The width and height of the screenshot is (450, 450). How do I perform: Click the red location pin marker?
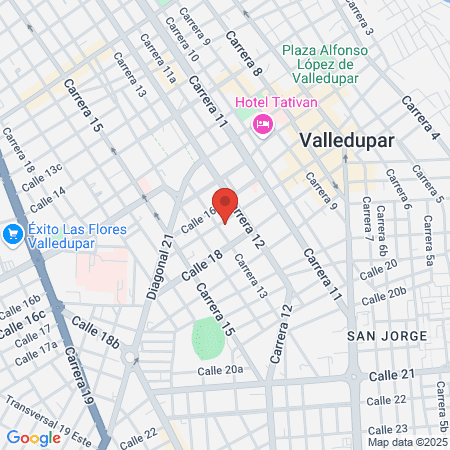coord(226,204)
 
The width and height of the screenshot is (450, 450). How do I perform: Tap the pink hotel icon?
coord(263,124)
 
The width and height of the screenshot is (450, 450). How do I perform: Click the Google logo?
coord(33,437)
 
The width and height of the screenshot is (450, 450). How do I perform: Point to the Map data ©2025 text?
coord(406,441)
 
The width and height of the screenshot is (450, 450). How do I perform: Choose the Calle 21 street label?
coord(392,374)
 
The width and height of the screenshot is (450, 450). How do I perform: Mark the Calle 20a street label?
coord(220,371)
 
